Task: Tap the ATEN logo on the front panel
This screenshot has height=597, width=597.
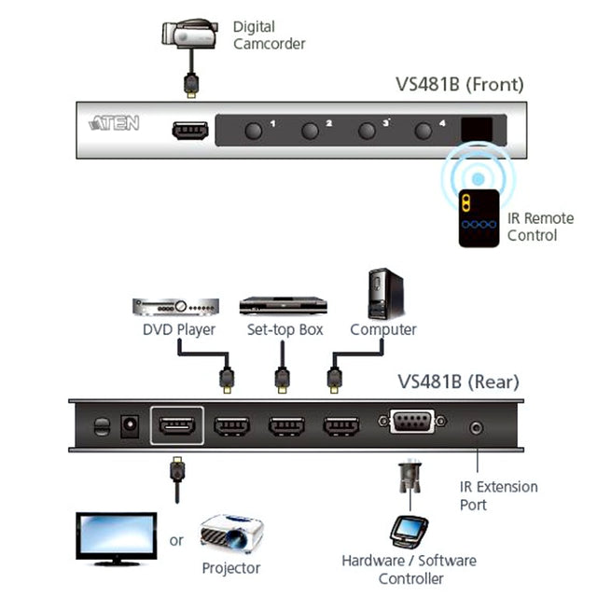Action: point(114,123)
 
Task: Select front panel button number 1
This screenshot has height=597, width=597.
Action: point(253,130)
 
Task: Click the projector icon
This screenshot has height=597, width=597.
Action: point(230,535)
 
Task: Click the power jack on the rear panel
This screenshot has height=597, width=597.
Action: point(132,426)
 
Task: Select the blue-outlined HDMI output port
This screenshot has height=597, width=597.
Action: point(176,426)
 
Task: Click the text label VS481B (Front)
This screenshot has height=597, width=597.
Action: point(459,85)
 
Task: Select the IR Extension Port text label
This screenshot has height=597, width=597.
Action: point(498,495)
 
